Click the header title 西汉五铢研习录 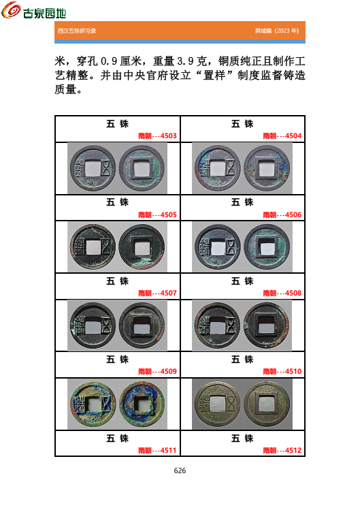pyautogui.click(x=77, y=31)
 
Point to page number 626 pyautogui.click(x=180, y=471)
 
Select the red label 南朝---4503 pyautogui.click(x=157, y=136)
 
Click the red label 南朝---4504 pyautogui.click(x=282, y=136)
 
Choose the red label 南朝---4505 pyautogui.click(x=157, y=214)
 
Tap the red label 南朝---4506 pyautogui.click(x=282, y=214)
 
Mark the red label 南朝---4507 pyautogui.click(x=157, y=293)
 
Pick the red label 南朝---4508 pyautogui.click(x=282, y=293)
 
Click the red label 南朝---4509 pyautogui.click(x=157, y=371)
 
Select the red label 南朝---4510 pyautogui.click(x=282, y=371)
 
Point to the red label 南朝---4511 pyautogui.click(x=157, y=450)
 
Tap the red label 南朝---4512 pyautogui.click(x=282, y=450)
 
